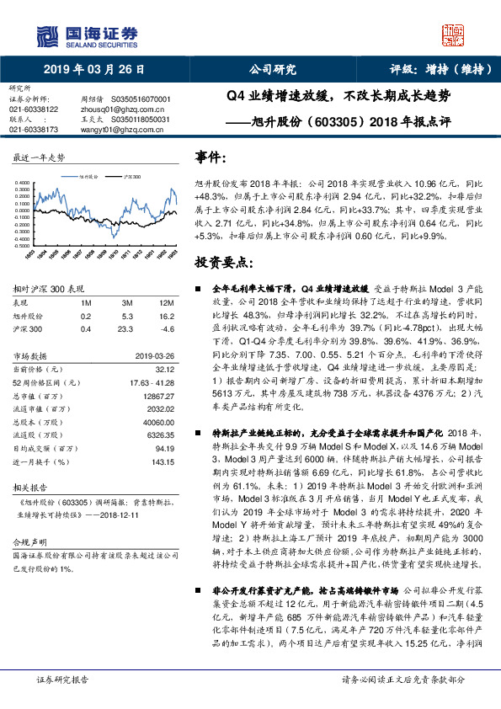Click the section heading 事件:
coord(211,157)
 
